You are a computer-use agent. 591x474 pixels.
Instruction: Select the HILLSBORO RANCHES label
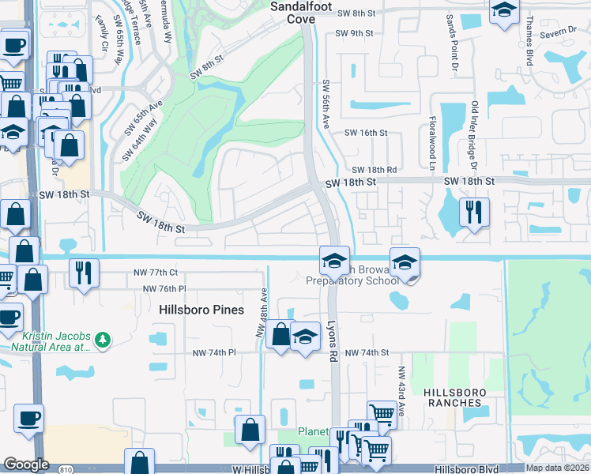452,397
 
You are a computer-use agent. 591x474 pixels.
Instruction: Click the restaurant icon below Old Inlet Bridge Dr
473,212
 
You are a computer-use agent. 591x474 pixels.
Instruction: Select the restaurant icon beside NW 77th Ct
83,273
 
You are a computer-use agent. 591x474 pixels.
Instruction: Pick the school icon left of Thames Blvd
503,11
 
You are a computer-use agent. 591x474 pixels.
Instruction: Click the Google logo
26,464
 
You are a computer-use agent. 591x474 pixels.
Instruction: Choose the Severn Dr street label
561,35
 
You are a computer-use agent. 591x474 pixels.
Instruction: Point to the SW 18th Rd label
374,170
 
